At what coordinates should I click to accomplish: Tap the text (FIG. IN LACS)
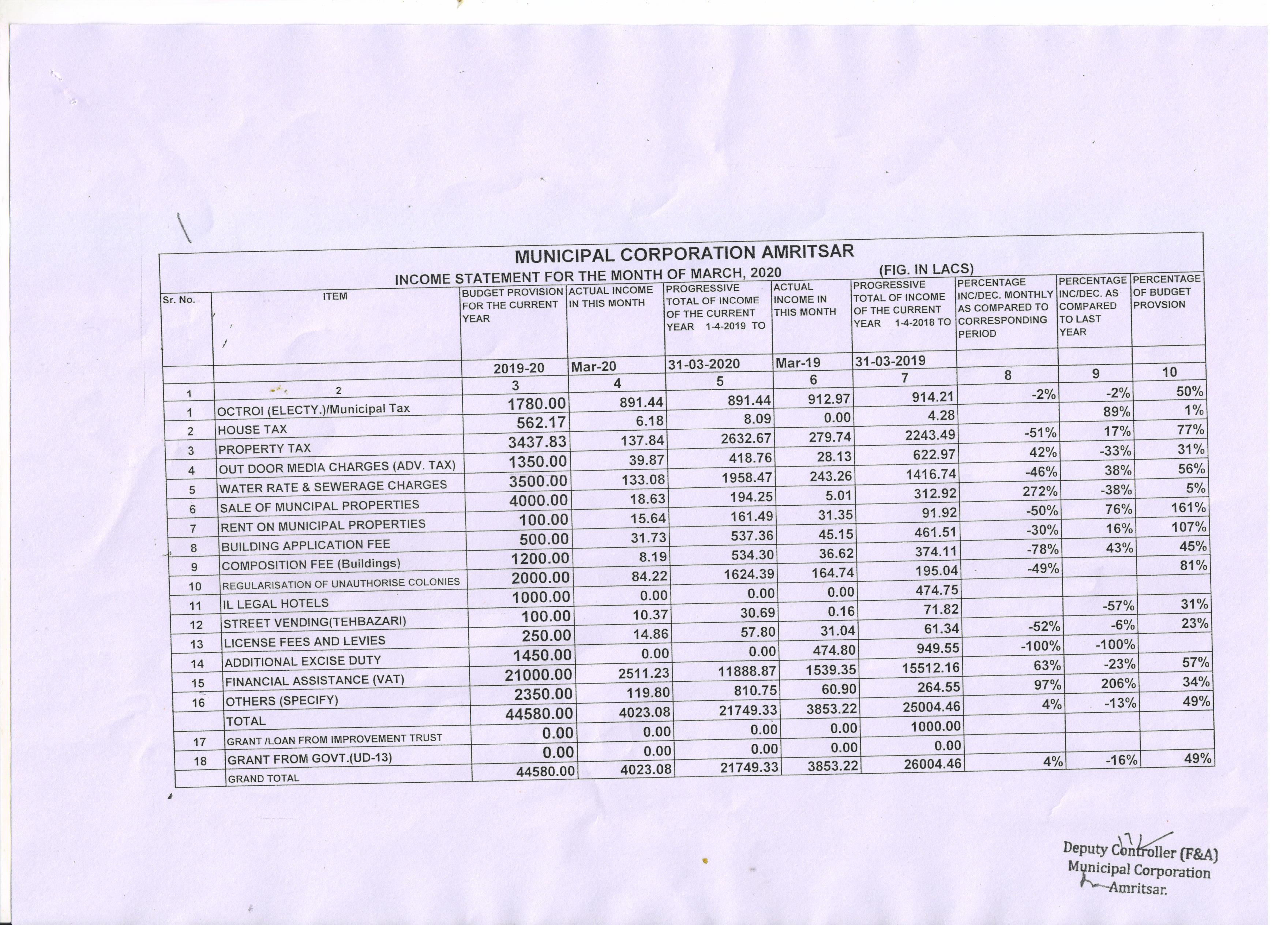pyautogui.click(x=926, y=269)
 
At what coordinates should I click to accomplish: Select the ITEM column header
pyautogui.click(x=335, y=296)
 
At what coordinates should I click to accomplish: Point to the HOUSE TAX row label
pyautogui.click(x=252, y=430)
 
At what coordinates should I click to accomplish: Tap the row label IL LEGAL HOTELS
pyautogui.click(x=275, y=603)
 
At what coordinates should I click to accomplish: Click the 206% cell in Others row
pyautogui.click(x=1118, y=683)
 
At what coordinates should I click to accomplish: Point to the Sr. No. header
pyautogui.click(x=179, y=300)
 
